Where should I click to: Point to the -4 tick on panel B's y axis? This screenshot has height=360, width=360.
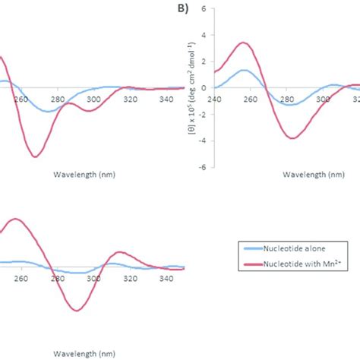tap(202, 141)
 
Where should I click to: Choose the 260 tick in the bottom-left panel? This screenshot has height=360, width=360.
tap(21, 279)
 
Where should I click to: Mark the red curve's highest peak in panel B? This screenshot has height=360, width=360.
tap(242, 43)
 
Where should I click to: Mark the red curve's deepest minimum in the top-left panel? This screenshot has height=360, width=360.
tap(35, 156)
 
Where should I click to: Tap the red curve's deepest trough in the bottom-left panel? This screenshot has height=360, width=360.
tap(76, 311)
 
